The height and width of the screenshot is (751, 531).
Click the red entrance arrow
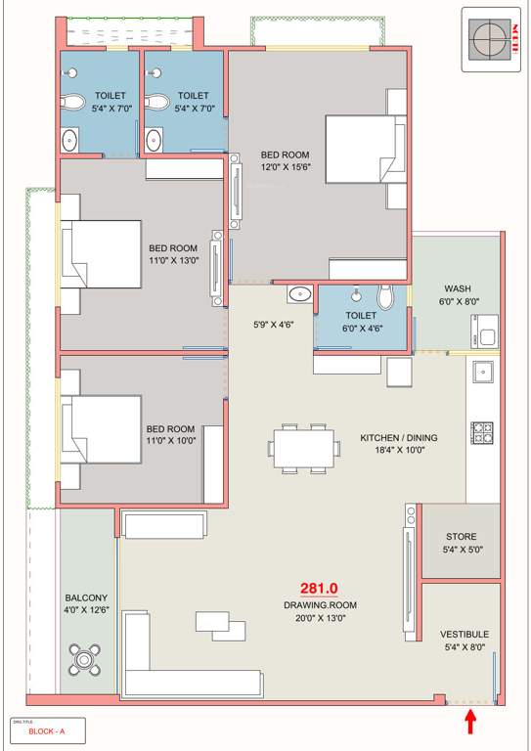[x=470, y=722]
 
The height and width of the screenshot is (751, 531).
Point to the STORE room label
[x=462, y=537]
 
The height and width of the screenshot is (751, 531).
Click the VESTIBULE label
[x=464, y=634]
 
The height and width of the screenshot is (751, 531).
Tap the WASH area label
[x=457, y=288]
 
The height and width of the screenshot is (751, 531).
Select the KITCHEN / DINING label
[x=398, y=437]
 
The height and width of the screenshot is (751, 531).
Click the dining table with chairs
[x=304, y=448]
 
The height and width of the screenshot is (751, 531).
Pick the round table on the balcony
[x=86, y=660]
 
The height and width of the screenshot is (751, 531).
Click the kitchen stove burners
[x=482, y=430]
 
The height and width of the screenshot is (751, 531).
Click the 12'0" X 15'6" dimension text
[x=285, y=167]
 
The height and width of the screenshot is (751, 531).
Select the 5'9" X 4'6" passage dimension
[x=274, y=325]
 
